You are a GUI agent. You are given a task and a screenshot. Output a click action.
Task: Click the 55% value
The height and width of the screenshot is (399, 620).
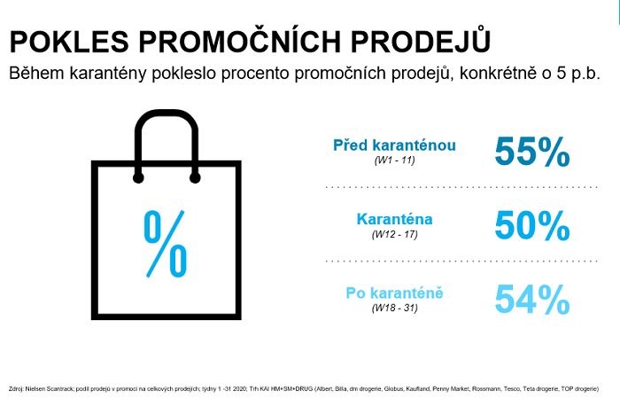pos(531,152)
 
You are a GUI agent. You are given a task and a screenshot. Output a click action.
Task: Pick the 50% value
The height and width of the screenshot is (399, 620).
pos(531,225)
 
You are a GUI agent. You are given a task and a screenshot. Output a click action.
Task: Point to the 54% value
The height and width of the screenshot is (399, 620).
pos(531,299)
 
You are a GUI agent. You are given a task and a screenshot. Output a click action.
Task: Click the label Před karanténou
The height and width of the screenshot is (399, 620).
pos(395,145)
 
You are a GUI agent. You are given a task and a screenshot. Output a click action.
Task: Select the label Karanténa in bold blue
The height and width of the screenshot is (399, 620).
pos(394,218)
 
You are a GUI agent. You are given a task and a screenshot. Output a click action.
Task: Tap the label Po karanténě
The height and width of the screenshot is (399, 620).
pos(395,292)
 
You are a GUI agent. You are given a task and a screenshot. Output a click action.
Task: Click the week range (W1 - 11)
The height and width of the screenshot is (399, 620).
pos(395,160)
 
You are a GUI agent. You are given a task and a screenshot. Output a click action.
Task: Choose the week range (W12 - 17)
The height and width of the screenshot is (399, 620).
pos(395,234)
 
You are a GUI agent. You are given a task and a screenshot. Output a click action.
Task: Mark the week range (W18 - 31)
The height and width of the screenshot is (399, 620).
pos(395,308)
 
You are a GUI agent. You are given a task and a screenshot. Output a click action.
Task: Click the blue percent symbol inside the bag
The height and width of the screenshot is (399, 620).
pos(166,242)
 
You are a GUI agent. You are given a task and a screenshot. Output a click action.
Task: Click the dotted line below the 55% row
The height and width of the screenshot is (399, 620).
pos(447,188)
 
